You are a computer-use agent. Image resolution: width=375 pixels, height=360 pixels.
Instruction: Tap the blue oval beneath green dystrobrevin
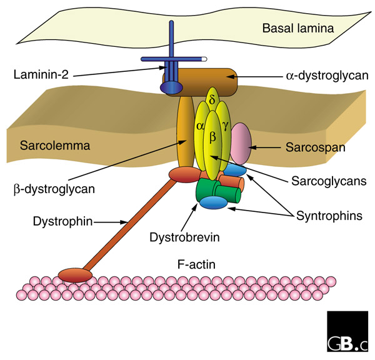click(212, 202)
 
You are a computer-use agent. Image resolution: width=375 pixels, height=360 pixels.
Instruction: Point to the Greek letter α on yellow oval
click(200, 126)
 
